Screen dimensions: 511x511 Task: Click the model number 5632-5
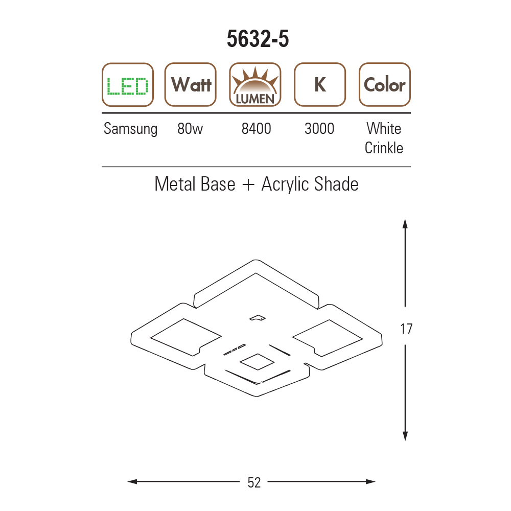(258, 39)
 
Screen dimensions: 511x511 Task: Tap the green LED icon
(128, 85)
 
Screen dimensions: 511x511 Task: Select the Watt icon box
(191, 85)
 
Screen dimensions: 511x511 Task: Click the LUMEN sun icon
(255, 85)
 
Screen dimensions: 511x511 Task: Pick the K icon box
(320, 85)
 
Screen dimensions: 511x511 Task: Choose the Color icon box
(385, 85)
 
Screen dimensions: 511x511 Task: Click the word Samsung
(130, 129)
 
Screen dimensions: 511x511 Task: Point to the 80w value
(190, 129)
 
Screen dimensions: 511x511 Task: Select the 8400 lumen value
(256, 129)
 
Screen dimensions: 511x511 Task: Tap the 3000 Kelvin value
(319, 129)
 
